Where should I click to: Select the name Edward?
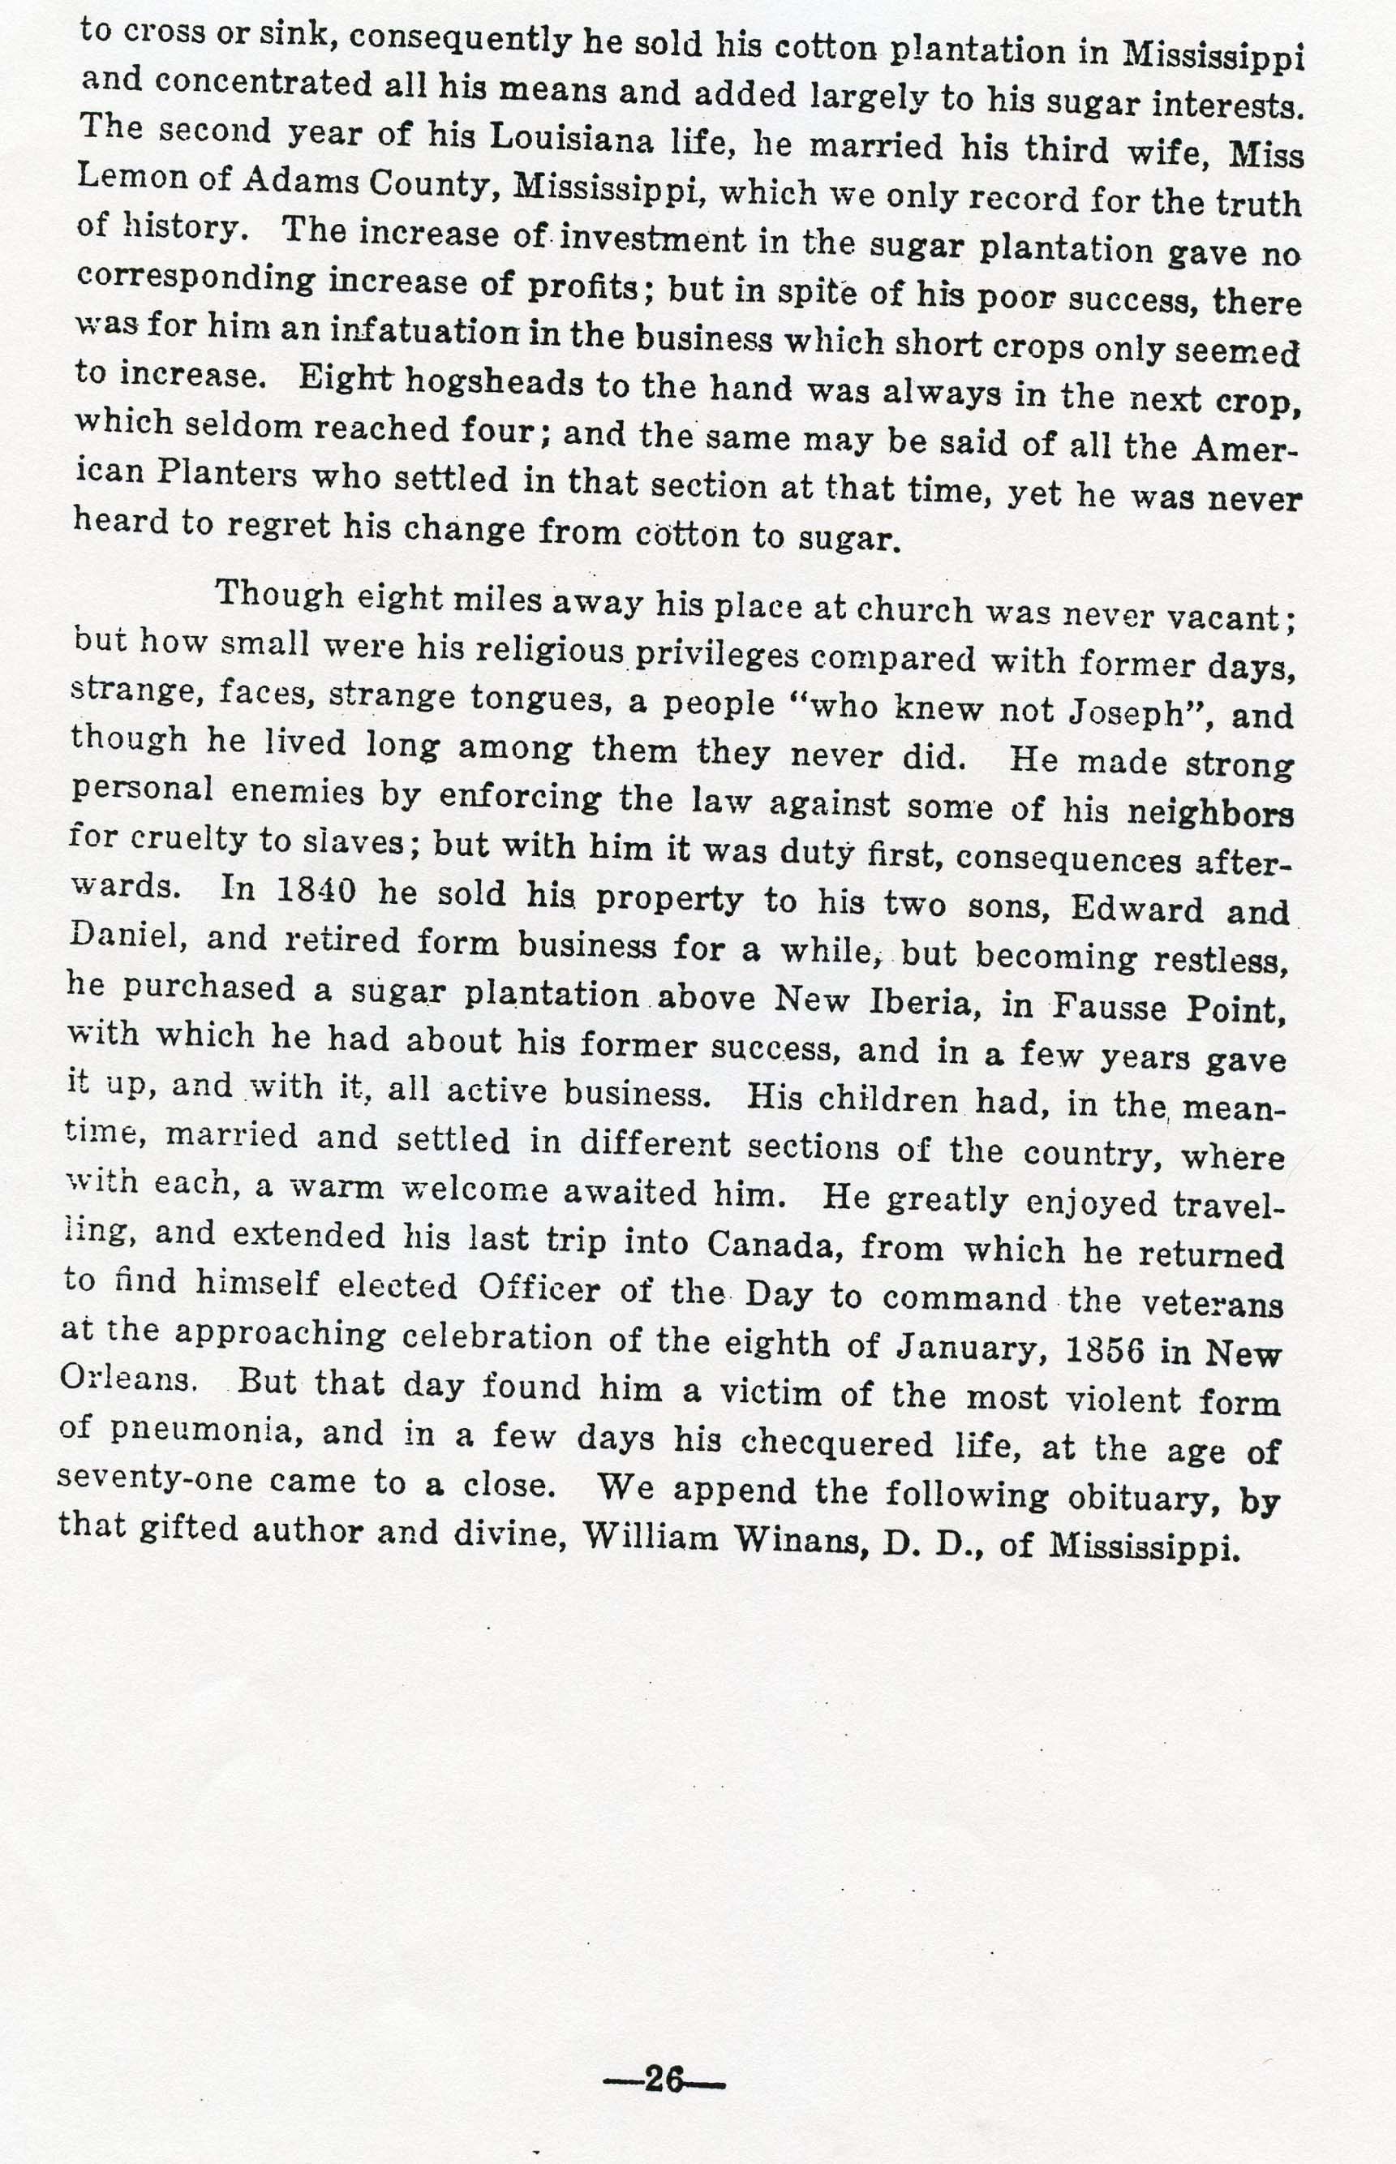pyautogui.click(x=1136, y=909)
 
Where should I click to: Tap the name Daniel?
pyautogui.click(x=126, y=934)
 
